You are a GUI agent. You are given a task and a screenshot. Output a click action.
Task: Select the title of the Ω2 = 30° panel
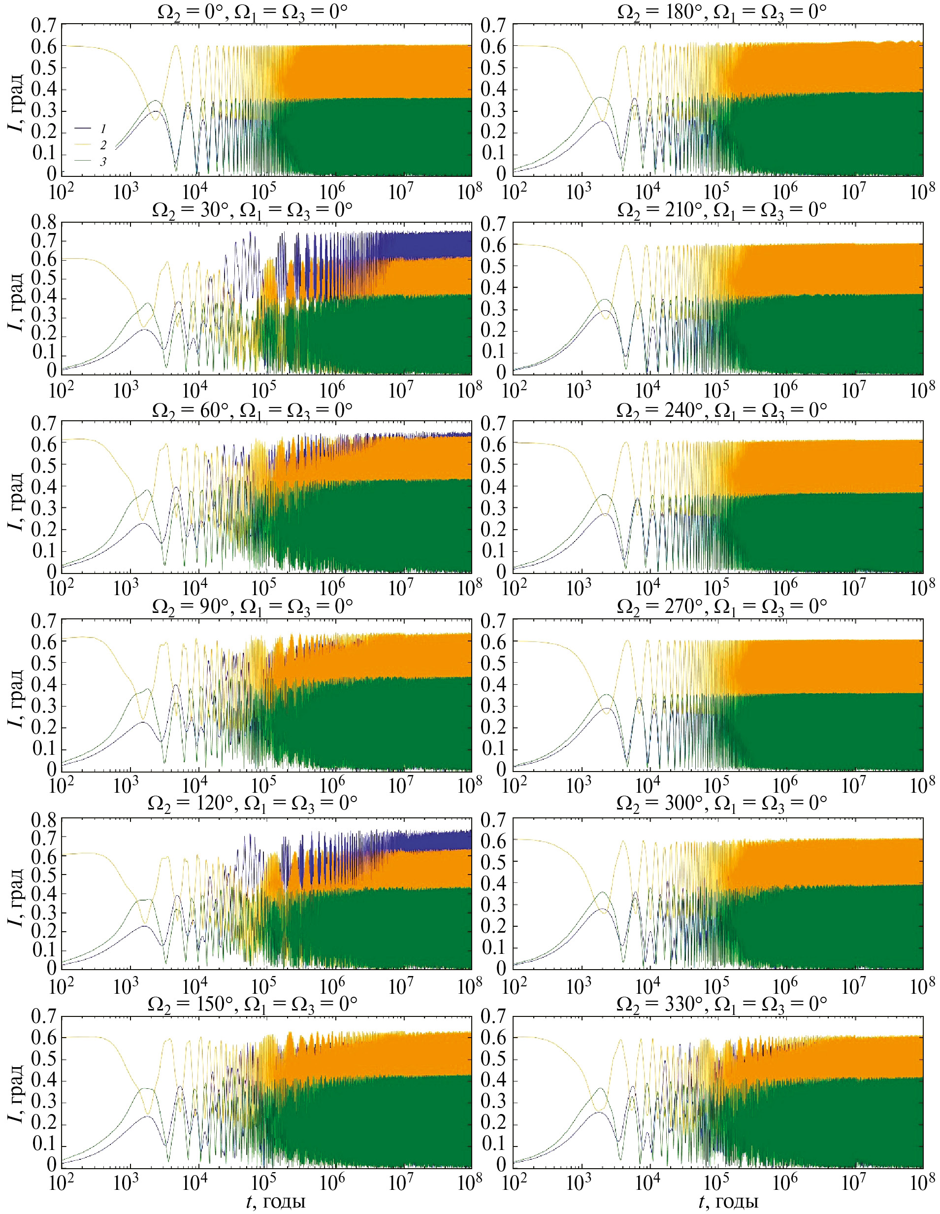coord(253,210)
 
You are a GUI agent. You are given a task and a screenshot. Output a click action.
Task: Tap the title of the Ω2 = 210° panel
coord(722,210)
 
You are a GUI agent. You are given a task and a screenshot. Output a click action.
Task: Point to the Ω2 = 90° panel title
coord(253,607)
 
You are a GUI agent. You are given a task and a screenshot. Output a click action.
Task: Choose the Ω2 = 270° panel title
coord(722,607)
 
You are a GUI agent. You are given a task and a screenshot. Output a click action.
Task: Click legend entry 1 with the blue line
coord(103,129)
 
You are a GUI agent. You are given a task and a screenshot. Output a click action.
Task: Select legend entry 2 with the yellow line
coord(103,145)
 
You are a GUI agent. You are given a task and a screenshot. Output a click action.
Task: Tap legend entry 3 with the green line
coord(103,162)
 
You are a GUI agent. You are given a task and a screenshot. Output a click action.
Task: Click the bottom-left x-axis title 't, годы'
coord(276,1202)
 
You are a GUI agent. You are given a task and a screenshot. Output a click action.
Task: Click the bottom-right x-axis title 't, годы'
coord(728,1202)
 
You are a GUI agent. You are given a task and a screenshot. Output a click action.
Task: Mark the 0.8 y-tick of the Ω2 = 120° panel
coord(44,820)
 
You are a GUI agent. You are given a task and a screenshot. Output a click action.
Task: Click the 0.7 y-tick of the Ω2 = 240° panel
coord(493,424)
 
